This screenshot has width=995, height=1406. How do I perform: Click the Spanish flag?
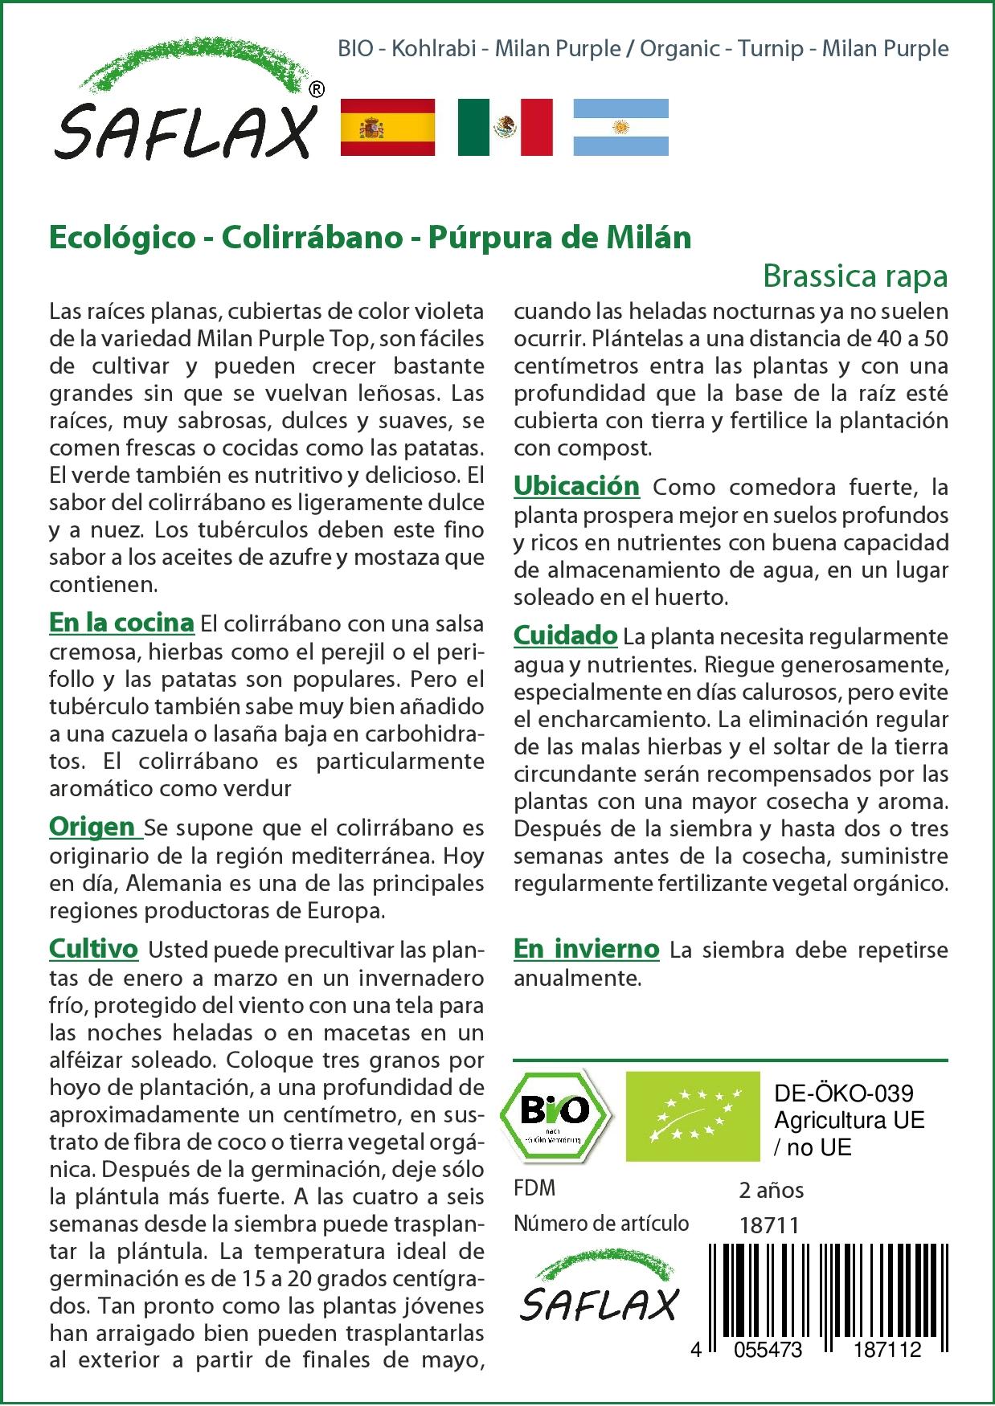click(x=387, y=127)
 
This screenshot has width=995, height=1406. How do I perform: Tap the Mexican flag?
click(x=505, y=127)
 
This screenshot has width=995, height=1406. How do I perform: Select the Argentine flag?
click(x=620, y=127)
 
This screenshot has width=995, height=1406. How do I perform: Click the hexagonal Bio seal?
click(x=555, y=1114)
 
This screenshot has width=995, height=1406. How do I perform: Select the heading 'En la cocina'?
click(x=121, y=623)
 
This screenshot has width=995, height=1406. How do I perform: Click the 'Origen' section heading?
click(x=92, y=827)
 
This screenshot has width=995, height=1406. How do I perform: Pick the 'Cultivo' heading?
click(x=93, y=949)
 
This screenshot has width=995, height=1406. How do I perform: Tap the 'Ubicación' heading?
click(x=576, y=486)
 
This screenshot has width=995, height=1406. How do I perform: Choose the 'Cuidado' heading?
click(x=565, y=636)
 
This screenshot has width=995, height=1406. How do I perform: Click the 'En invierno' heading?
click(x=586, y=949)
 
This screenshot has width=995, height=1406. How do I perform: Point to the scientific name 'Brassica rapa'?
click(x=855, y=276)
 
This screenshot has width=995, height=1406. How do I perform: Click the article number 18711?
click(x=769, y=1225)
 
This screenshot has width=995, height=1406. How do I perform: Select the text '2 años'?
click(x=772, y=1190)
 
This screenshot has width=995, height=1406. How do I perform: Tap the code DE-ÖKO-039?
click(x=844, y=1093)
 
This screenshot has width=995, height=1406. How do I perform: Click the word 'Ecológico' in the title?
click(x=122, y=238)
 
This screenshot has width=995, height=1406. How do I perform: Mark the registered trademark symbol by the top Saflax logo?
click(x=317, y=90)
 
